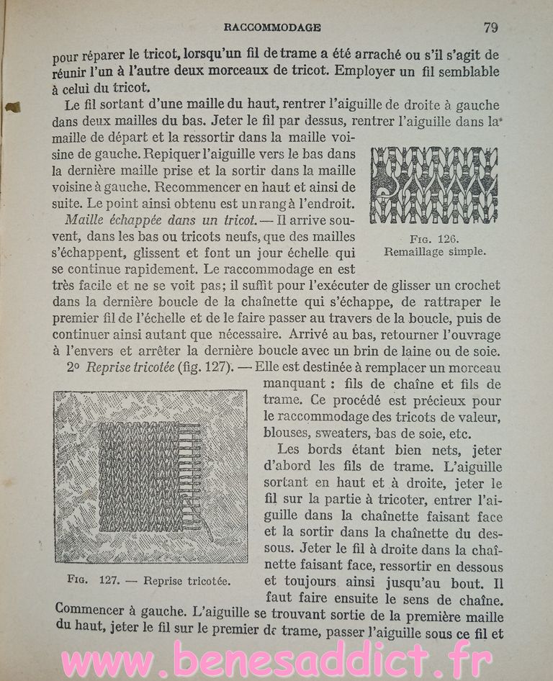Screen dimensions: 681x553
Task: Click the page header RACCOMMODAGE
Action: coord(272,28)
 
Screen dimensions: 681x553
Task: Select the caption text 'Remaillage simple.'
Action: coord(435,252)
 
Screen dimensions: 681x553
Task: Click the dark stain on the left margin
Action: coord(12,108)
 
